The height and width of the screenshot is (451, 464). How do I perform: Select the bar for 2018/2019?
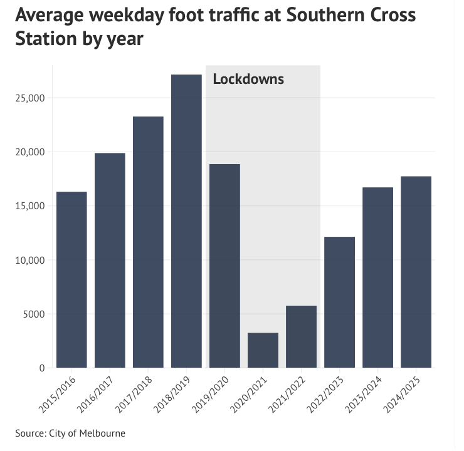click(x=186, y=220)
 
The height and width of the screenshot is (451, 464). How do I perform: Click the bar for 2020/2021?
click(x=263, y=350)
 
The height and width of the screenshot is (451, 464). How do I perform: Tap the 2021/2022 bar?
click(x=301, y=336)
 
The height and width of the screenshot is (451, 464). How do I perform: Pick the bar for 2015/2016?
click(x=71, y=279)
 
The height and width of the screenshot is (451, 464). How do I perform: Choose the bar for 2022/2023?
click(x=339, y=302)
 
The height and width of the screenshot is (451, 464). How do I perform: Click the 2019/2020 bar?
click(x=224, y=266)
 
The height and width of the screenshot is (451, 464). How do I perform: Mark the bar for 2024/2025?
click(x=416, y=272)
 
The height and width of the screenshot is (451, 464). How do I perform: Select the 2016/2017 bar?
click(x=110, y=260)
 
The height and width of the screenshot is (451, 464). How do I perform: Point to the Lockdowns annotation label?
click(x=248, y=80)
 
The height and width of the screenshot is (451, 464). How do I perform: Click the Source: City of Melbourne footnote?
click(x=70, y=433)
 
